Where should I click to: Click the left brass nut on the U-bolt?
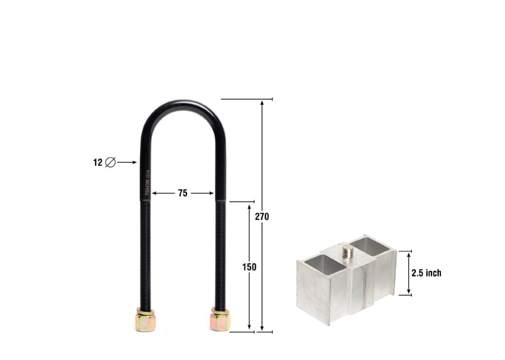pyautogui.click(x=144, y=321)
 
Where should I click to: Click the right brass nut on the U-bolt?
pyautogui.click(x=220, y=320)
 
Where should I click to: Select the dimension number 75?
pyautogui.click(x=182, y=194)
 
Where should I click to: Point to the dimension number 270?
pyautogui.click(x=262, y=216)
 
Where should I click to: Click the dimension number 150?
pyautogui.click(x=249, y=266)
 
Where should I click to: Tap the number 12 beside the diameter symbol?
pyautogui.click(x=97, y=162)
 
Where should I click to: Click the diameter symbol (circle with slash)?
pyautogui.click(x=110, y=162)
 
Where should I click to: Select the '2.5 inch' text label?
pyautogui.click(x=426, y=273)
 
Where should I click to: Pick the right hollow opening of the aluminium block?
pyautogui.click(x=369, y=246)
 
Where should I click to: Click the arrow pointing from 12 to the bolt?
pyautogui.click(x=127, y=162)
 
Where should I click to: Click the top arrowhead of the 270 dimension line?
pyautogui.click(x=262, y=102)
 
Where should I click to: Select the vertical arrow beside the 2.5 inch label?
pyautogui.click(x=409, y=273)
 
